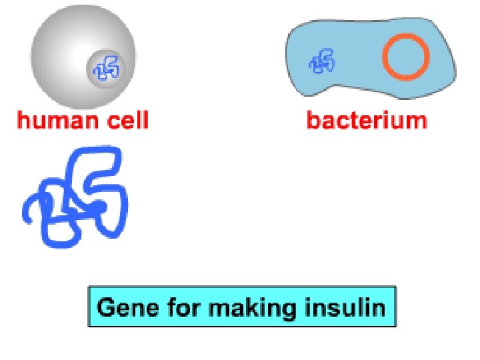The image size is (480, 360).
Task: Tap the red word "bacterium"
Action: click(367, 121)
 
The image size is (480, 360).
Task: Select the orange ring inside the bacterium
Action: click(405, 57)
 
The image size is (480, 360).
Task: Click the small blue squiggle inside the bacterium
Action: click(323, 62)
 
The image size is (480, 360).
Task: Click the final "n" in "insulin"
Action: click(379, 309)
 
